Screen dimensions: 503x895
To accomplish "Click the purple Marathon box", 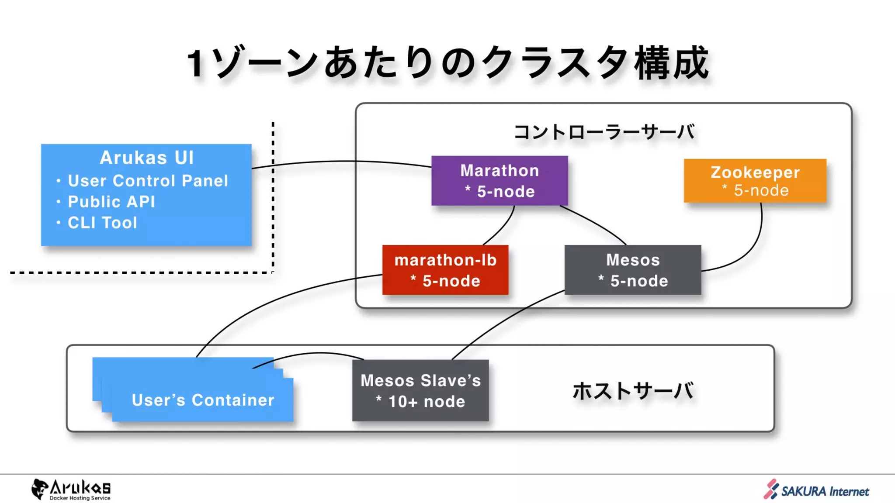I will [x=500, y=180].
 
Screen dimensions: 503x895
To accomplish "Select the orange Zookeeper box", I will [x=755, y=180].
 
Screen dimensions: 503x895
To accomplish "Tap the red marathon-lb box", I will [x=445, y=270].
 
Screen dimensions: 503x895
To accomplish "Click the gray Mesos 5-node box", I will [x=632, y=270].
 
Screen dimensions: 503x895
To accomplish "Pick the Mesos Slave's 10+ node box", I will [x=420, y=390].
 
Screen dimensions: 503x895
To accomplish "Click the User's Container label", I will [x=203, y=400].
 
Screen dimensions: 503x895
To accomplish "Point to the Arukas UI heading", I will [x=146, y=158].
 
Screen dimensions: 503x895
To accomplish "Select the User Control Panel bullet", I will [x=148, y=181].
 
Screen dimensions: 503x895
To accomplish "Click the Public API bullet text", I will [x=111, y=202].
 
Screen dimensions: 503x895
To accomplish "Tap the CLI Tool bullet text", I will [x=102, y=223].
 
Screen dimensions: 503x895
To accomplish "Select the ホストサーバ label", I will [x=632, y=391].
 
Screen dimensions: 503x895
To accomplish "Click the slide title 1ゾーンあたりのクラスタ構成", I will [x=447, y=63].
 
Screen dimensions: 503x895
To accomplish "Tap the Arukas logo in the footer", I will [x=71, y=489].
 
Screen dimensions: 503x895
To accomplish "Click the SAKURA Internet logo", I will [x=816, y=490].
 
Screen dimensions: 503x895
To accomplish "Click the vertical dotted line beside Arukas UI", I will [x=273, y=196].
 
